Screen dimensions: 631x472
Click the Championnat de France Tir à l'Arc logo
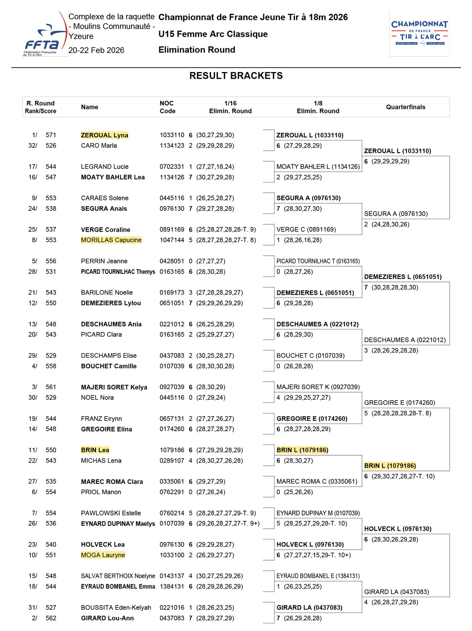pos(419,34)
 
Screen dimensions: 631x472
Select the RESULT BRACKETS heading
pos(236,76)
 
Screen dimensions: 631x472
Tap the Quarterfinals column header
pos(406,107)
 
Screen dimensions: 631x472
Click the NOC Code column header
pos(167,107)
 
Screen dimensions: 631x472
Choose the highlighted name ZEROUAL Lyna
pos(105,135)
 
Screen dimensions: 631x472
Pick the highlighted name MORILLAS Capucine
pos(111,240)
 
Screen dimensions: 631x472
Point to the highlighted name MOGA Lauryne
pos(103,555)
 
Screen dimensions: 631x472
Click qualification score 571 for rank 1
pos(51,135)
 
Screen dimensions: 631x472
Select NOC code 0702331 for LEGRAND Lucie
pos(172,166)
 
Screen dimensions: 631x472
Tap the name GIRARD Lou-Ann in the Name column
pos(107,618)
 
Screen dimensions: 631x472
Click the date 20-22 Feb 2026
pos(96,50)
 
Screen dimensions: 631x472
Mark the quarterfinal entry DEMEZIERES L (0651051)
pos(403,277)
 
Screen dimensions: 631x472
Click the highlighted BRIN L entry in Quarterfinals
pos(390,466)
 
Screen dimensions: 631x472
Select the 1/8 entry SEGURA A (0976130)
pos(308,198)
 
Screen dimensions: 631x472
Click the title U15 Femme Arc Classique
pos(213,34)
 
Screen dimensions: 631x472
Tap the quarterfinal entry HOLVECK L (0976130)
pos(398,529)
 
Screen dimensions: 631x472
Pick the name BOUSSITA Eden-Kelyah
pos(116,607)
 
